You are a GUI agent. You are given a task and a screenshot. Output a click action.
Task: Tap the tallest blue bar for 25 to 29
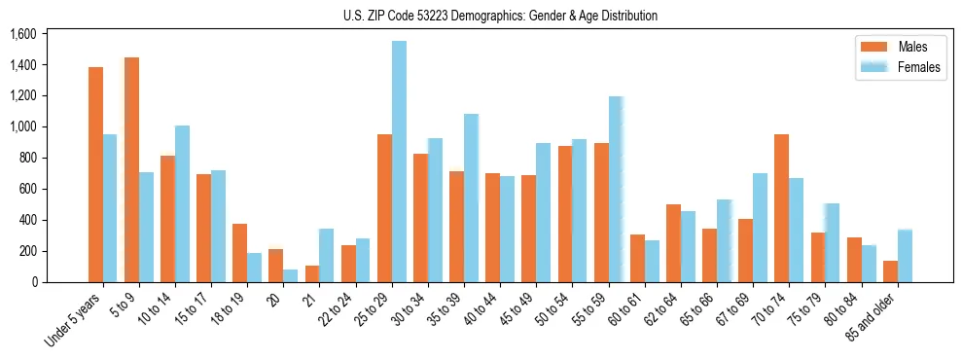click(399, 162)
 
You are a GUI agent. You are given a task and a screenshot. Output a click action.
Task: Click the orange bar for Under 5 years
click(95, 174)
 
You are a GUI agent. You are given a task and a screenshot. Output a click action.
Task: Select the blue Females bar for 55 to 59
click(616, 189)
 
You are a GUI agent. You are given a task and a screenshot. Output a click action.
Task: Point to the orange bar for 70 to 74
click(781, 208)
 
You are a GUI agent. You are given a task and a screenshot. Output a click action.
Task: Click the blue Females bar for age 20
click(291, 275)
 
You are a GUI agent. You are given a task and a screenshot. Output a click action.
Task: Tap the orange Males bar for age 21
click(312, 273)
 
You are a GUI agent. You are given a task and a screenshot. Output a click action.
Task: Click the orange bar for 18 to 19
click(239, 253)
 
